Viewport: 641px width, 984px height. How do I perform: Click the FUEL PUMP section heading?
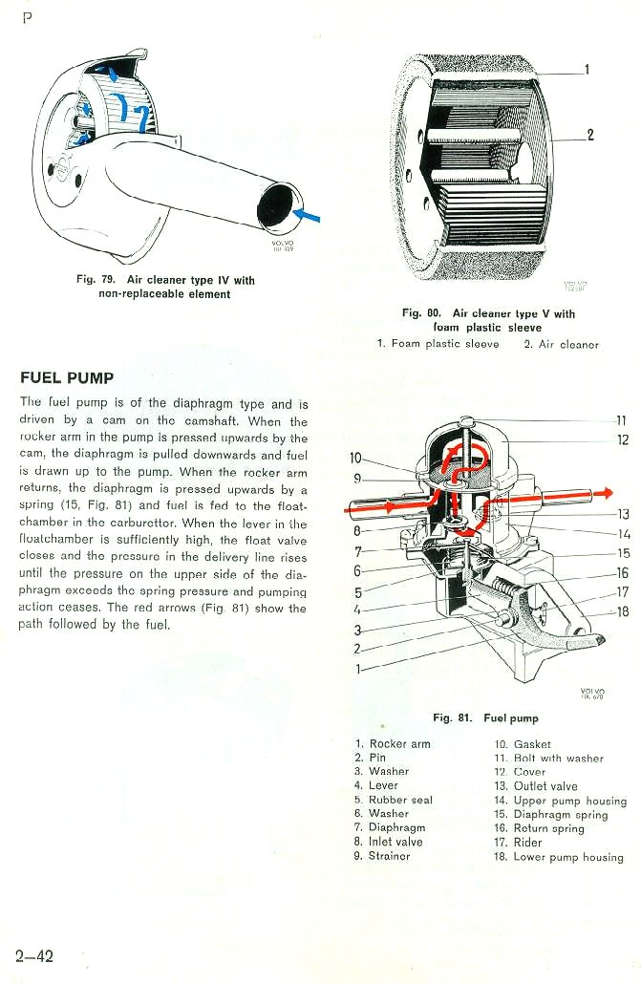[67, 377]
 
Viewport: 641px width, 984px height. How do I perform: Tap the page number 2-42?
[35, 955]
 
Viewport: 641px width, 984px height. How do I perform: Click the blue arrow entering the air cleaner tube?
[307, 217]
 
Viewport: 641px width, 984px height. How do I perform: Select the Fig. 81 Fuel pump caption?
[485, 717]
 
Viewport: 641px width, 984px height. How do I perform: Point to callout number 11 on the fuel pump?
[621, 420]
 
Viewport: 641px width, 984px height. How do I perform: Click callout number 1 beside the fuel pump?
[358, 669]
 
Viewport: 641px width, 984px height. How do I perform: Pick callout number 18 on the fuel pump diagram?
[623, 611]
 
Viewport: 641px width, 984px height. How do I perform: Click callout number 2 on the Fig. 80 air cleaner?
[590, 135]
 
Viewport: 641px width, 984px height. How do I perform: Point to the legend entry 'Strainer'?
[389, 856]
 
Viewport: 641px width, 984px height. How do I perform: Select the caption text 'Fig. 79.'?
[96, 280]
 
